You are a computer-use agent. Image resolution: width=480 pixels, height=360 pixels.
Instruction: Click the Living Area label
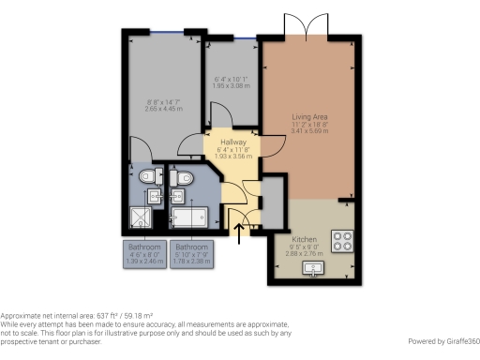(308, 117)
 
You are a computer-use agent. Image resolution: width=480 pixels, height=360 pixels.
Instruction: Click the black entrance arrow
(239, 232)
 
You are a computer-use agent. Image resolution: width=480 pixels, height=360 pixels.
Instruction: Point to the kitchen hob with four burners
(341, 241)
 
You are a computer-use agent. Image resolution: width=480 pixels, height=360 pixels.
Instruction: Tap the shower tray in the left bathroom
(142, 219)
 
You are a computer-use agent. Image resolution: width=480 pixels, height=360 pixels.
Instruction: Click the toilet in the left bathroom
(146, 176)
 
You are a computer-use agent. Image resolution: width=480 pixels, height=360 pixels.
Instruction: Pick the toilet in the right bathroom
(185, 177)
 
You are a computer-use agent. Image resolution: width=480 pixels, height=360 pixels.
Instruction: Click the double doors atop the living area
(308, 26)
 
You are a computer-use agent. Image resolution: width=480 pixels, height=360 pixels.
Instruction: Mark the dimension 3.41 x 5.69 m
(308, 132)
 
